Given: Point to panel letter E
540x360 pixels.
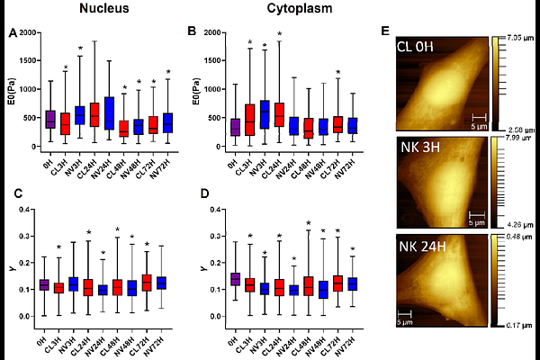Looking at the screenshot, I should pyautogui.click(x=385, y=31).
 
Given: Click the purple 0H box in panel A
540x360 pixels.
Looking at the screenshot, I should pyautogui.click(x=51, y=120).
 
